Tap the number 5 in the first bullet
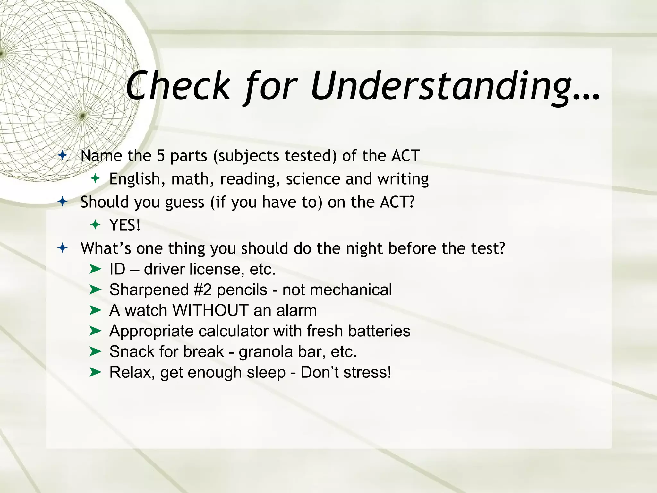160,156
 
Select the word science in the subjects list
313,179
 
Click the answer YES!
125,225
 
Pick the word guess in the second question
184,203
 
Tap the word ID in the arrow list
117,269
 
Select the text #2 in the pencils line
202,290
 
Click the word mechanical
351,290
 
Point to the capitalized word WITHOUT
210,310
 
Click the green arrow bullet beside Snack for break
95,351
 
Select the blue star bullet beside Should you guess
63,202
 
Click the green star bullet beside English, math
95,178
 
